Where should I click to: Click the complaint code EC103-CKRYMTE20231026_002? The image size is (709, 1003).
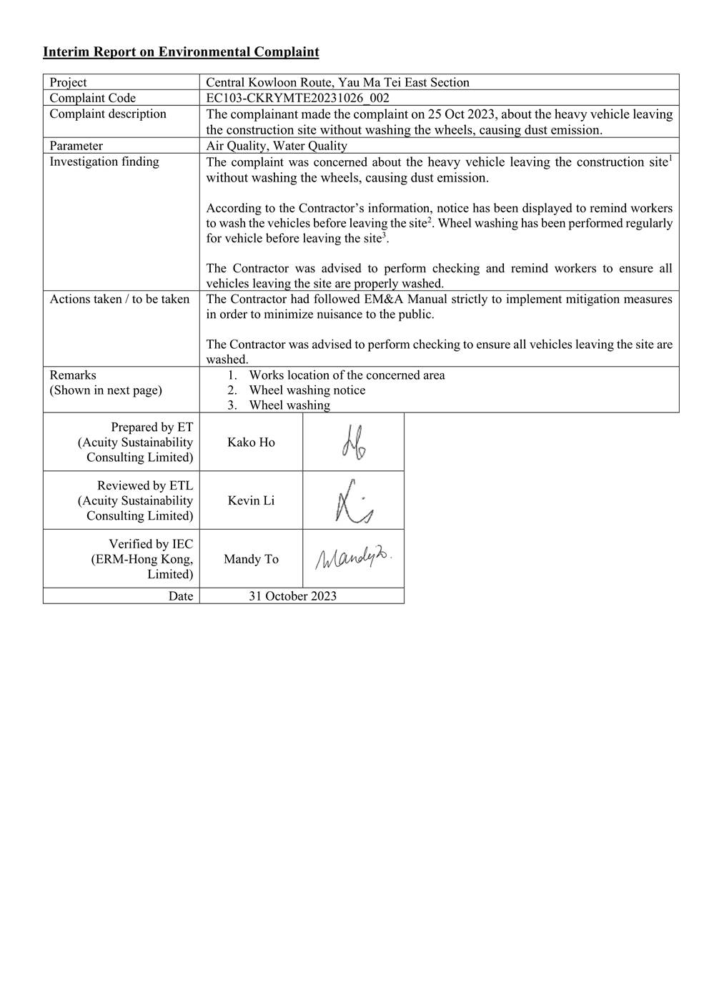297,98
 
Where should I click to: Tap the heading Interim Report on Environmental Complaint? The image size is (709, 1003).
181,51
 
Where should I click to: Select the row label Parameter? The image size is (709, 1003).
76,146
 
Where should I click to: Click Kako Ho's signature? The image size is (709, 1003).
354,443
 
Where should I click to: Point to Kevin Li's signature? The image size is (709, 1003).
353,501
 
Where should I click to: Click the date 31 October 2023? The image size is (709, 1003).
292,596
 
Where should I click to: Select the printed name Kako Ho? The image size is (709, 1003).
251,443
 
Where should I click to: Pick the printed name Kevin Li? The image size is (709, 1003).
251,501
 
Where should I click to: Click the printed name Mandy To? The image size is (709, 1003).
251,559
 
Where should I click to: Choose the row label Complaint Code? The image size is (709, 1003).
92,98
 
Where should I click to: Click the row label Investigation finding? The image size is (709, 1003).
104,162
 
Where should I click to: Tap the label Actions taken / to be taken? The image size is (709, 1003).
119,299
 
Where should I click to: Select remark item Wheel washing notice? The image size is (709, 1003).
307,390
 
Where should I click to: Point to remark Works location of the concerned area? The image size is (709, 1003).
347,375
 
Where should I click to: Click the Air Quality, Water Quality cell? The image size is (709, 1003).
277,146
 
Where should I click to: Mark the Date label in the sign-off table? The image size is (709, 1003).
181,596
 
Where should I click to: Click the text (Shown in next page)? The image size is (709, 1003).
106,390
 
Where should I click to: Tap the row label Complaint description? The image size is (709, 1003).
108,114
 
